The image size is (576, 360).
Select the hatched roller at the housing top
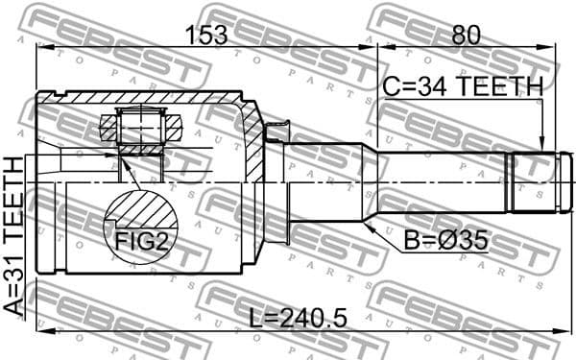click(140, 123)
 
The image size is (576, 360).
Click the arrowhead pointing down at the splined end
click(542, 143)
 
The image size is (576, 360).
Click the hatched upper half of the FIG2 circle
click(141, 209)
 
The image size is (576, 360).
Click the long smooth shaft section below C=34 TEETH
click(442, 182)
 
